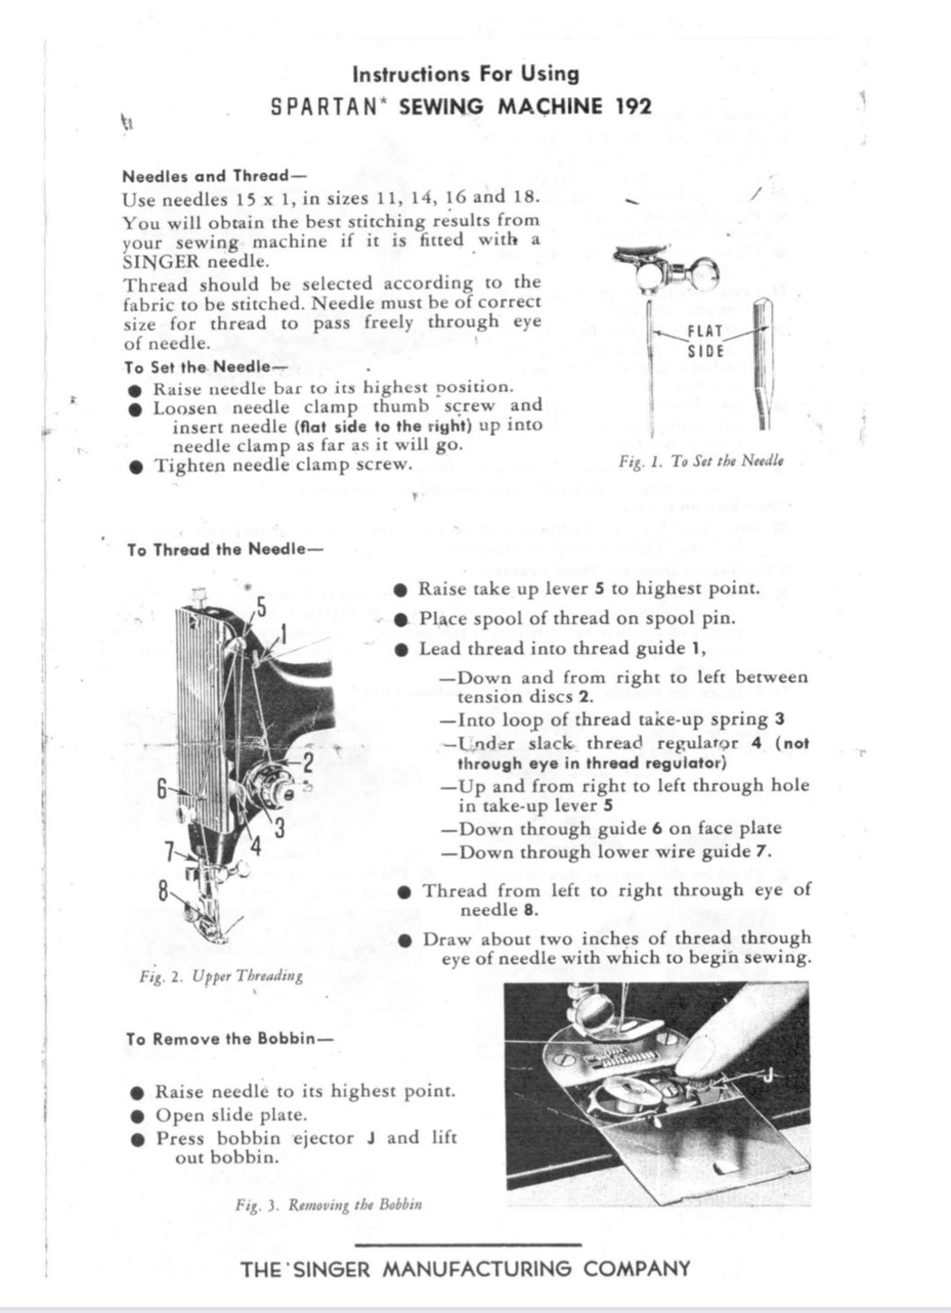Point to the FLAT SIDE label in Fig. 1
tap(704, 341)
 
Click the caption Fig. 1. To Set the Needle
tap(701, 461)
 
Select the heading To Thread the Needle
tap(225, 550)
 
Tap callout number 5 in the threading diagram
tap(261, 607)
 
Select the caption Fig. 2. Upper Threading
tap(221, 976)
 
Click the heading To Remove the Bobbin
tap(229, 1039)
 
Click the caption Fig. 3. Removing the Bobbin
tap(328, 1205)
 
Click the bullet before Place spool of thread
tap(402, 620)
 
